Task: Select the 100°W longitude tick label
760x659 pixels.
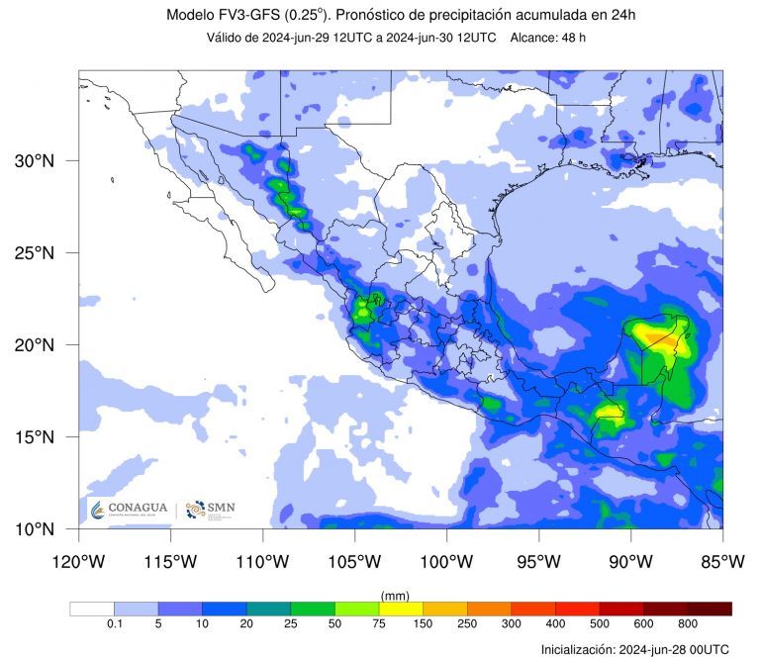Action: pos(446,562)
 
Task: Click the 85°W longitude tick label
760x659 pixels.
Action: pos(721,562)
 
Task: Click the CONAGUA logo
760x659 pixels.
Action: pos(129,510)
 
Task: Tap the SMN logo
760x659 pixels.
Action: pos(211,510)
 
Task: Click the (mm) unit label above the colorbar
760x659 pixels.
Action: pos(395,595)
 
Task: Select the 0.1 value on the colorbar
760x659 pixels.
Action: pos(114,625)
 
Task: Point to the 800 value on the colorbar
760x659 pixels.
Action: pos(687,625)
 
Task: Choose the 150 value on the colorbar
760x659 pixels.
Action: pos(423,625)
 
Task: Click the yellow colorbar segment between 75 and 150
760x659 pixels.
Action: pos(401,609)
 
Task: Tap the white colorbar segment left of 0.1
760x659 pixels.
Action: pos(92,609)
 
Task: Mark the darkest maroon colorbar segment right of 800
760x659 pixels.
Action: pos(710,609)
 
